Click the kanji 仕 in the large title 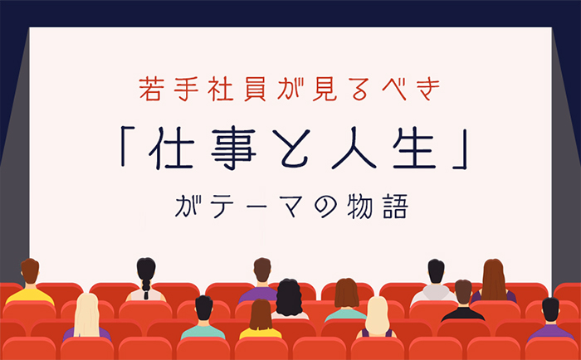click(171, 148)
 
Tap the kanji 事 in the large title click(233, 148)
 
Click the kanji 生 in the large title click(414, 148)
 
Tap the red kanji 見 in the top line click(325, 90)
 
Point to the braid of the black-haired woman click(146, 288)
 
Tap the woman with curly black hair click(290, 299)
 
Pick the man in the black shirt click(463, 300)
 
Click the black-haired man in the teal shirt click(203, 318)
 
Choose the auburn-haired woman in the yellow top click(261, 319)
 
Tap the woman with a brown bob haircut click(346, 300)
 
